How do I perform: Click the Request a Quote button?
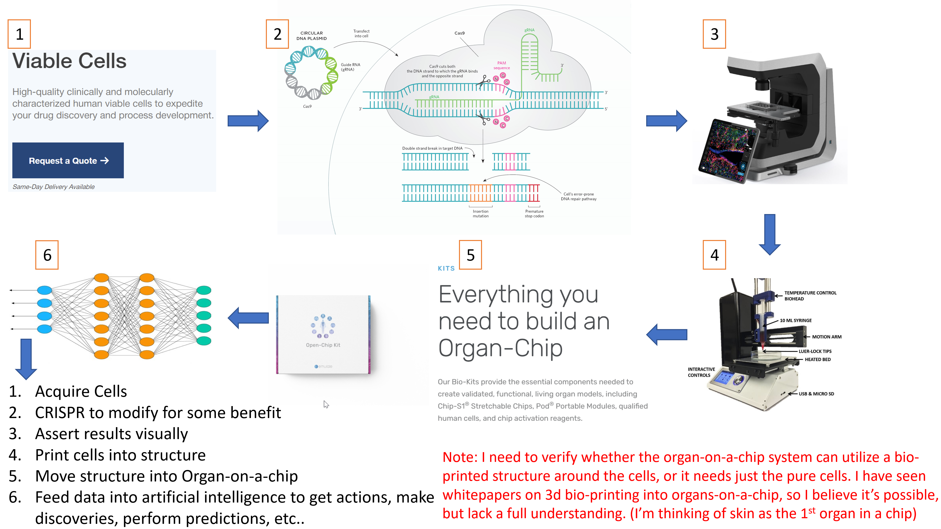pos(68,161)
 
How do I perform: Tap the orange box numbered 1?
pos(19,34)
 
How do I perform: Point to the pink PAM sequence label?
pos(502,65)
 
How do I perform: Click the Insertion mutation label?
pos(480,214)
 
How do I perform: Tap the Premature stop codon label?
pos(534,214)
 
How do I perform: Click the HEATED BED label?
pos(817,360)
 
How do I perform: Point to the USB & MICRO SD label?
pos(816,394)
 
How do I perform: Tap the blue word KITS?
pos(446,268)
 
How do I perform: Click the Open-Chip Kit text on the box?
pos(323,345)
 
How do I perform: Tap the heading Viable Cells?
pos(69,61)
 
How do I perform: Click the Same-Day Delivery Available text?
pos(53,187)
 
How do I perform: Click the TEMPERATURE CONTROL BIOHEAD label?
pos(810,296)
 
